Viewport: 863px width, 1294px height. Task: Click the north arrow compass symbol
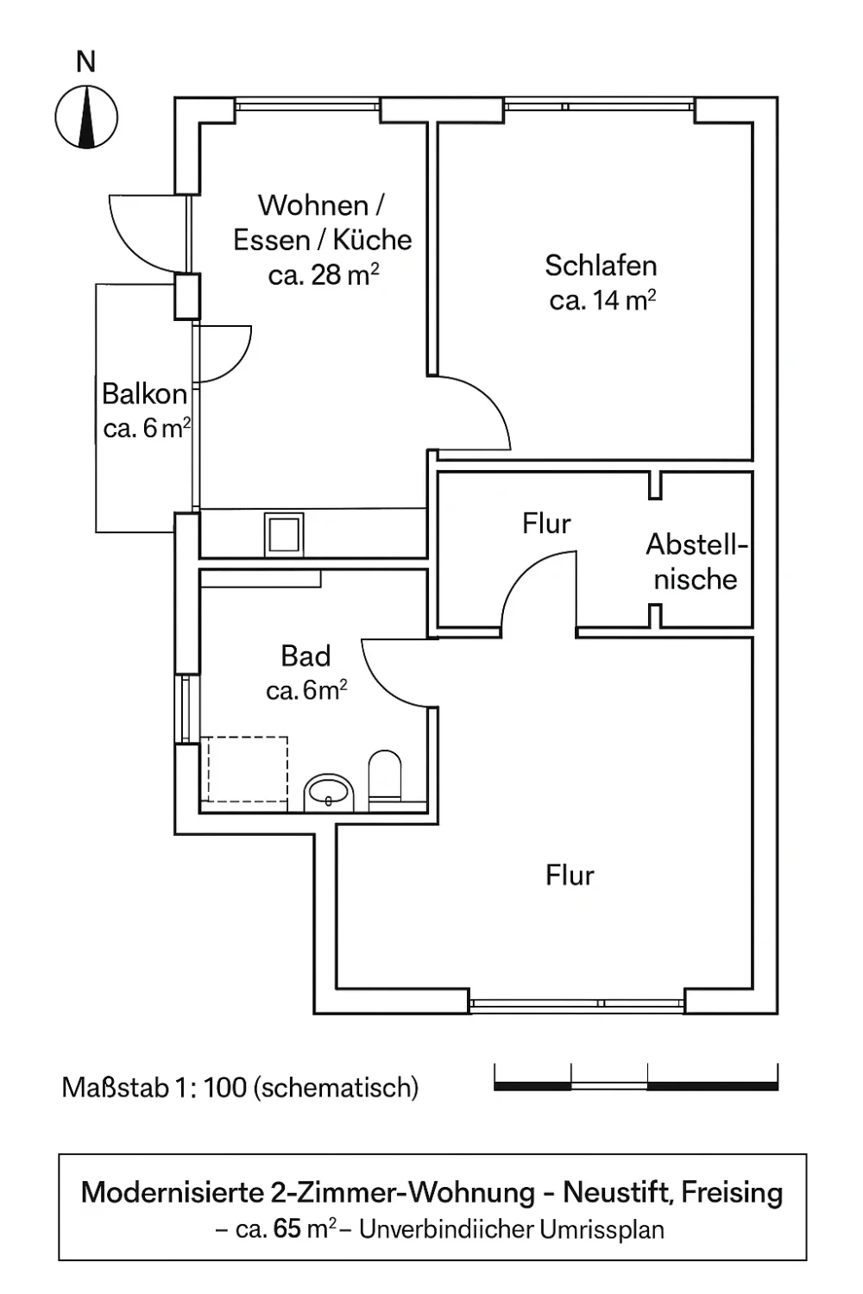[x=86, y=116]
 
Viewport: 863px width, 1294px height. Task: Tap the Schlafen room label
[x=601, y=266]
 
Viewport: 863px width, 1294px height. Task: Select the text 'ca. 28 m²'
[x=324, y=275]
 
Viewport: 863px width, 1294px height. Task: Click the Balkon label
[x=144, y=394]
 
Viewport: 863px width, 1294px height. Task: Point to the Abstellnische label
[x=696, y=562]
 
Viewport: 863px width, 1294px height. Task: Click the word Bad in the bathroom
[x=306, y=656]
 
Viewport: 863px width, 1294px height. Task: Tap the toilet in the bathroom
[x=385, y=775]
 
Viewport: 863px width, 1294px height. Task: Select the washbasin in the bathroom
[x=329, y=791]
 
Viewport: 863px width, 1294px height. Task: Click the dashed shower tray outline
[x=246, y=769]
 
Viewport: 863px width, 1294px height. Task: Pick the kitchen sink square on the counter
[x=284, y=534]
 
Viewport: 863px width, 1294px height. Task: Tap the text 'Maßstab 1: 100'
[x=154, y=1088]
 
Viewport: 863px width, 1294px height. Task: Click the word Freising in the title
[x=732, y=1193]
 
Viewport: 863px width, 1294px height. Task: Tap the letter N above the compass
[x=86, y=62]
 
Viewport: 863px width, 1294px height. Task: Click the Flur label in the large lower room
[x=570, y=876]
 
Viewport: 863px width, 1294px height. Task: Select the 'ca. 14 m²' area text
[x=602, y=300]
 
